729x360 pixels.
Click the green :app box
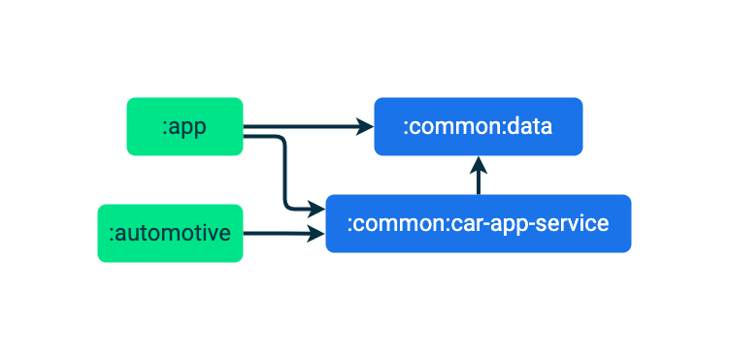pos(184,126)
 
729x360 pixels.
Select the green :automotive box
pos(170,233)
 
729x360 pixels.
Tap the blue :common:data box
pos(479,126)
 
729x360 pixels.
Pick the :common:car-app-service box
pos(479,224)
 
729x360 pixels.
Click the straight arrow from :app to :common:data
pos(306,126)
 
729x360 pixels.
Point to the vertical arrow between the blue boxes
pos(479,178)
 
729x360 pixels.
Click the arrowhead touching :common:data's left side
pos(365,126)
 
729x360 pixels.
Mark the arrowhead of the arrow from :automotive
pos(316,233)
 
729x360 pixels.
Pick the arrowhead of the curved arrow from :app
pos(316,209)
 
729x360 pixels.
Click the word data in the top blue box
pos(529,126)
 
